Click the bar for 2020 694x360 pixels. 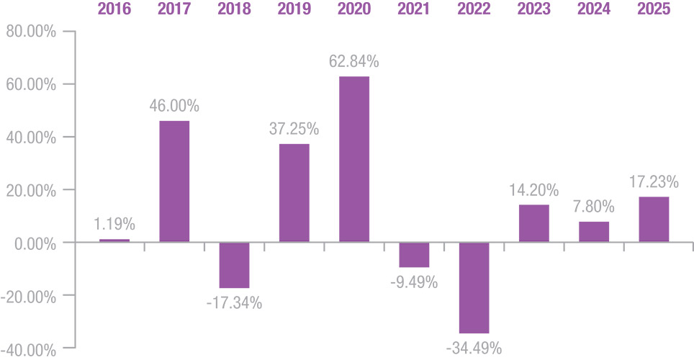(x=354, y=159)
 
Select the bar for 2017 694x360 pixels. (x=174, y=181)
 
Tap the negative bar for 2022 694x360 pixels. (x=474, y=288)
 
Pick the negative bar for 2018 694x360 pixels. (x=234, y=265)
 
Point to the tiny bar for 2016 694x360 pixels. (x=114, y=240)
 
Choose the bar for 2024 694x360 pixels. (x=594, y=232)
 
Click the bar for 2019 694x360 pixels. (x=294, y=193)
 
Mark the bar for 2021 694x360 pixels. (x=414, y=255)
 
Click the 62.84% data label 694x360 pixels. (x=354, y=61)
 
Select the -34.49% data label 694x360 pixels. (x=474, y=348)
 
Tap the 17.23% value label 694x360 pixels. (x=654, y=181)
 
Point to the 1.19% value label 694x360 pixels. (x=114, y=224)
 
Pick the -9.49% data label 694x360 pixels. (x=414, y=282)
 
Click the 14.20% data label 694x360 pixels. (x=533, y=190)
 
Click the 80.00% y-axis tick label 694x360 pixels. (x=31, y=32)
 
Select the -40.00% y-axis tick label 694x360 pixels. (x=28, y=351)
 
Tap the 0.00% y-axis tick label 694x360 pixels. (x=35, y=244)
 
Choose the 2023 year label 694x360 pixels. (x=533, y=9)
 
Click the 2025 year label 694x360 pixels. (x=654, y=9)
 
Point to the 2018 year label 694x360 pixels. (x=234, y=9)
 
